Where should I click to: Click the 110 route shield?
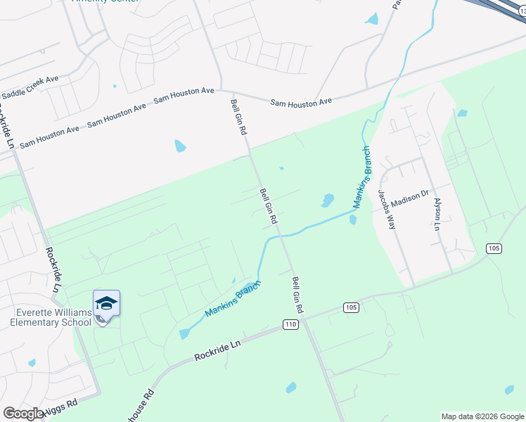click(x=291, y=324)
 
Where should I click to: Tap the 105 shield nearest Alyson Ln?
click(x=493, y=248)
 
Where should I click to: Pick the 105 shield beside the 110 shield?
click(x=351, y=307)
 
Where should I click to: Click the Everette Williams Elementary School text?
click(x=51, y=317)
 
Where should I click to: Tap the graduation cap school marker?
click(x=106, y=303)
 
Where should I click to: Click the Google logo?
click(x=23, y=413)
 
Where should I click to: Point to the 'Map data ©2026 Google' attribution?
click(x=482, y=416)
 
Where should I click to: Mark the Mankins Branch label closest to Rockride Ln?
click(x=233, y=299)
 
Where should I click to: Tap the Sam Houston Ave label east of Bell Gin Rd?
click(x=301, y=102)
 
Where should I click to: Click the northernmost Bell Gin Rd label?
click(x=238, y=117)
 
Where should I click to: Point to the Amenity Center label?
click(x=105, y=1)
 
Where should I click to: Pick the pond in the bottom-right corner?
click(x=509, y=390)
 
